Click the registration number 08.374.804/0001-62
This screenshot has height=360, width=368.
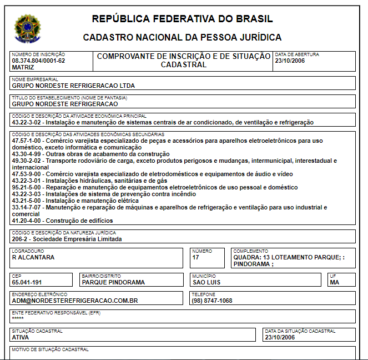38,61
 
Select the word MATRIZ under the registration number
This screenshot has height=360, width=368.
22,67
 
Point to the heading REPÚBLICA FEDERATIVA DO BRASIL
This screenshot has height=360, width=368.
182,19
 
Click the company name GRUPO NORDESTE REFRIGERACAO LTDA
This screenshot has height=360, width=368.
73,86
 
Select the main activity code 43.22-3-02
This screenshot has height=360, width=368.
27,122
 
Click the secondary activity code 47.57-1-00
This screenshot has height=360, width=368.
27,141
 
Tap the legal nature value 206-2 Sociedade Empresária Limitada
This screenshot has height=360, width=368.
67,239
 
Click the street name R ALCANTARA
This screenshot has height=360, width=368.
33,257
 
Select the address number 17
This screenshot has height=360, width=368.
196,257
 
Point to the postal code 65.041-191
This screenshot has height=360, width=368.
27,282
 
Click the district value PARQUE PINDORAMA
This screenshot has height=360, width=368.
113,282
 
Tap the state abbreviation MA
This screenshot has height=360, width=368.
334,282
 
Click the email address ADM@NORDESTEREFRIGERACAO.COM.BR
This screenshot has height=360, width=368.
75,301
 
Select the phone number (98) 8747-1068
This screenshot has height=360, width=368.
213,301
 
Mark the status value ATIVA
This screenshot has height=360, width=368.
20,337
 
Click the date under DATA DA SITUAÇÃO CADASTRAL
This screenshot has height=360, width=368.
280,337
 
